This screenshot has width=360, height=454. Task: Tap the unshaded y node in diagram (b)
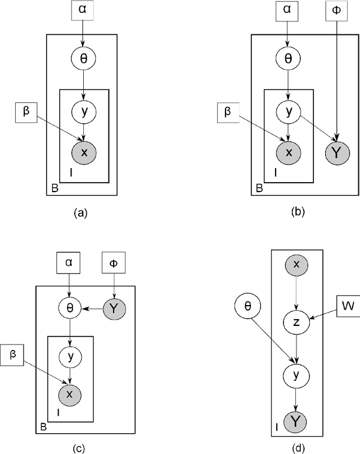coord(288,112)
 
